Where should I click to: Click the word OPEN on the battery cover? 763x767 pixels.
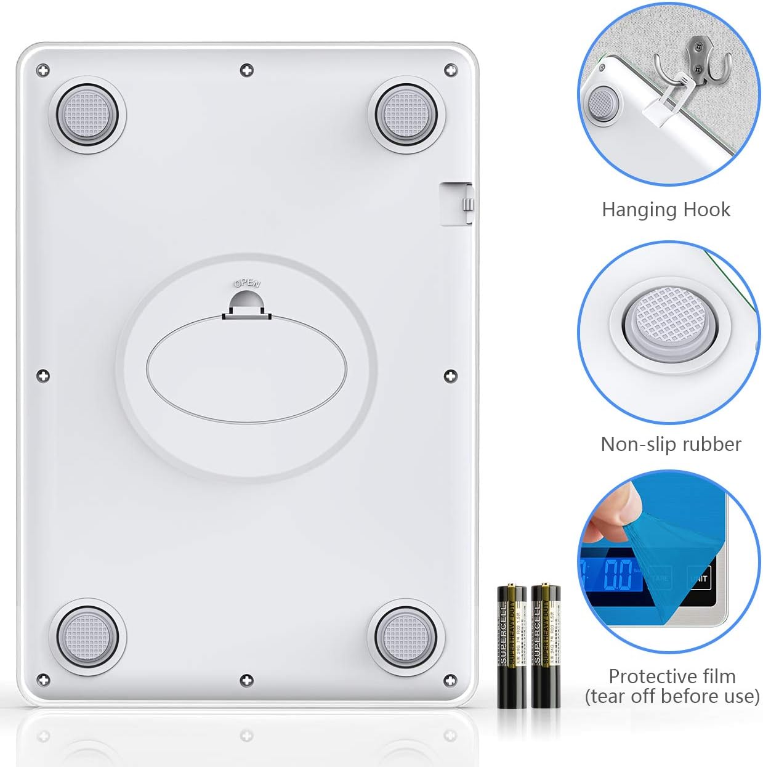pyautogui.click(x=247, y=284)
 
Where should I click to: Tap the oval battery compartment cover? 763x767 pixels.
pyautogui.click(x=246, y=370)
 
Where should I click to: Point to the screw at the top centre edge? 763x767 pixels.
pyautogui.click(x=246, y=70)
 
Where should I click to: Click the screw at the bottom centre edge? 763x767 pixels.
pyautogui.click(x=246, y=680)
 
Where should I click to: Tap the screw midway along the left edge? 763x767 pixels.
pyautogui.click(x=42, y=375)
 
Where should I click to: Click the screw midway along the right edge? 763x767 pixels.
pyautogui.click(x=451, y=375)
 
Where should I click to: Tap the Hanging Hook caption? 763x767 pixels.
pyautogui.click(x=666, y=209)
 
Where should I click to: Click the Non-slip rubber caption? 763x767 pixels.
pyautogui.click(x=671, y=444)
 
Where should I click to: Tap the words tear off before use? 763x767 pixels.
pyautogui.click(x=671, y=696)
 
